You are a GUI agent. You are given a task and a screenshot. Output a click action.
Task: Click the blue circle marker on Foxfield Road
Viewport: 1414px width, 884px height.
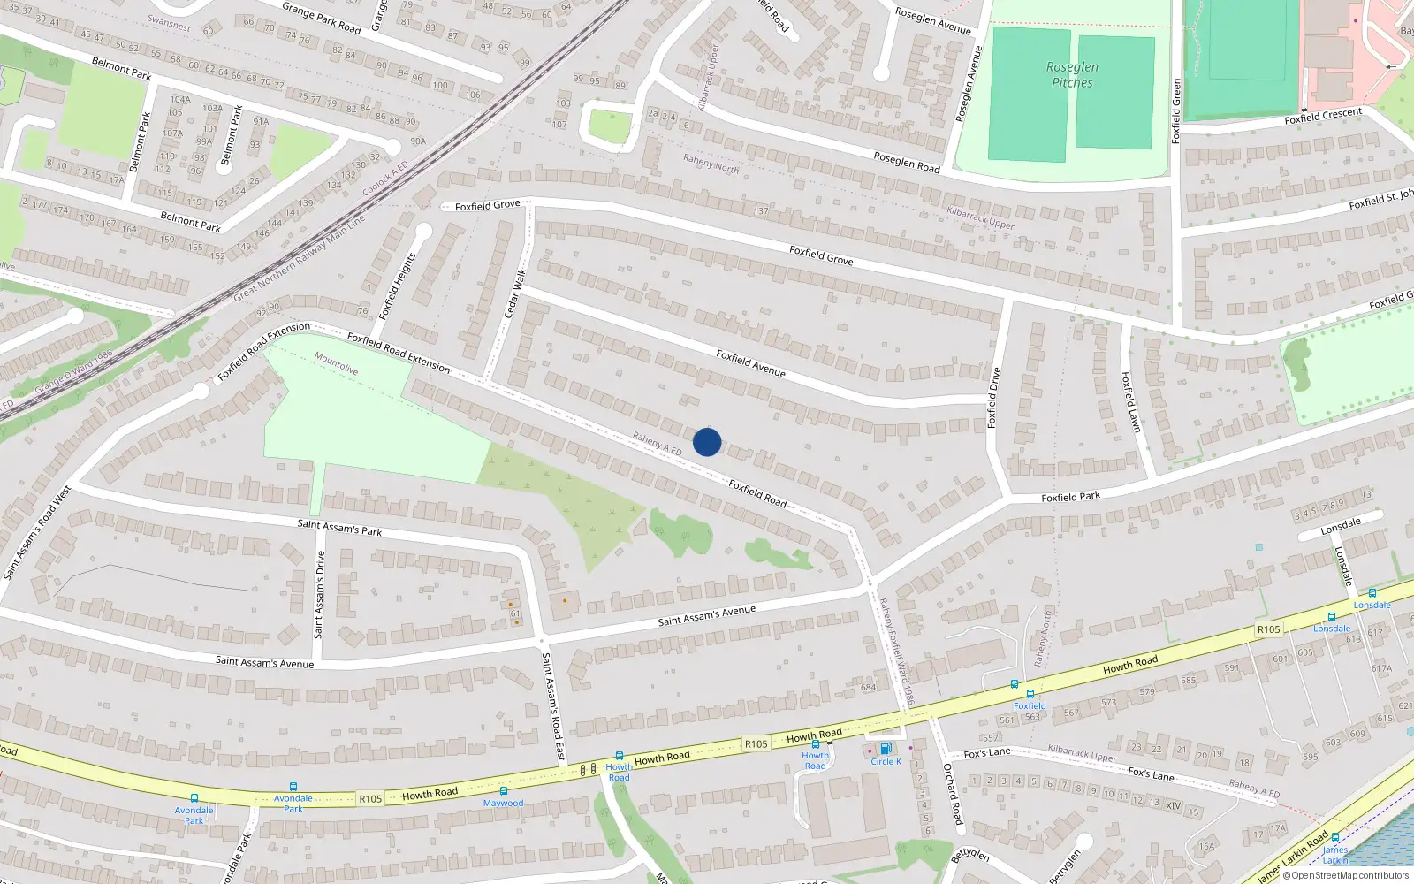707,442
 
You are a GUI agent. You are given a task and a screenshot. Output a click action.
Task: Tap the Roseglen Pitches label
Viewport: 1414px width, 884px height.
1072,74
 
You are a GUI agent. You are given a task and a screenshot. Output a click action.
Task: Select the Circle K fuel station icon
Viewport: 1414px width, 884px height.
885,749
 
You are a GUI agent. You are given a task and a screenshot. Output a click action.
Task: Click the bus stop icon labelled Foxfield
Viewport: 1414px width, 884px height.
1030,694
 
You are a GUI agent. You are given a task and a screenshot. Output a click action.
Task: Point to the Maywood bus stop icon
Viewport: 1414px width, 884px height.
503,791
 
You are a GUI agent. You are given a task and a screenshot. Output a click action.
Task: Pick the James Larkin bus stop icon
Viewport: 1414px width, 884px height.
1335,837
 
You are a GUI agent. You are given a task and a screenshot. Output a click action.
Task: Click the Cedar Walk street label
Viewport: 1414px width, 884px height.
514,294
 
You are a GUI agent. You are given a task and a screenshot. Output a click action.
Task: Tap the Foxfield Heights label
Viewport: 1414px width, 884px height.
397,286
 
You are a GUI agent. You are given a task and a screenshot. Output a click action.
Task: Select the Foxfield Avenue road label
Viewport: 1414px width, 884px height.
750,363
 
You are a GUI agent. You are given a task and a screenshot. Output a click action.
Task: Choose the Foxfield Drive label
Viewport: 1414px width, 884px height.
994,398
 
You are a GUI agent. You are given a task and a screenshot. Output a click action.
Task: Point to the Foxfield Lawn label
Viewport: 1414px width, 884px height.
1130,401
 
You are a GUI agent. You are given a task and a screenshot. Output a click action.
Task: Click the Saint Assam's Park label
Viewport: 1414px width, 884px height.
339,528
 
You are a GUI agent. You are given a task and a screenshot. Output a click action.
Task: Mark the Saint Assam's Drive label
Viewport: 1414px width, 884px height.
319,594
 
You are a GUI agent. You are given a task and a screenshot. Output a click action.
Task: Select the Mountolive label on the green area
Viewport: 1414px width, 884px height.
336,363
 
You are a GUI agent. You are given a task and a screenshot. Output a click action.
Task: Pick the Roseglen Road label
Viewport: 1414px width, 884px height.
906,162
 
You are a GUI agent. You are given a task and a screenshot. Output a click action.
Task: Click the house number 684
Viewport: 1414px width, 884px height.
868,688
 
